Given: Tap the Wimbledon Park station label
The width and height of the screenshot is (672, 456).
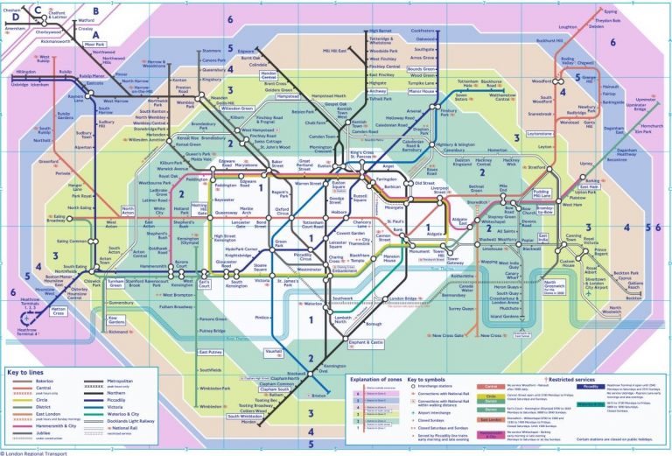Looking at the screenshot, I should [214, 387].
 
